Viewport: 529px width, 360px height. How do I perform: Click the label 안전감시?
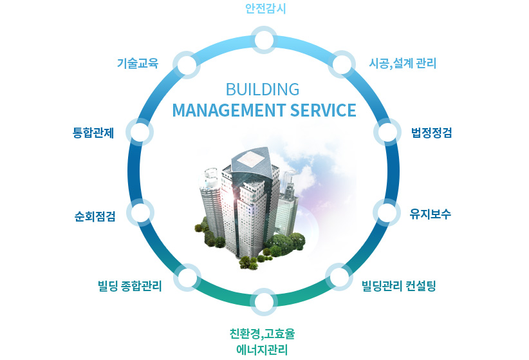point(266,8)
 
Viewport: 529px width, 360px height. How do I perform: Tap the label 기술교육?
point(138,63)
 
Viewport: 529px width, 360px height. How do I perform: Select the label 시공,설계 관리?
point(402,63)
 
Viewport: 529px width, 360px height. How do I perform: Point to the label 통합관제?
point(93,133)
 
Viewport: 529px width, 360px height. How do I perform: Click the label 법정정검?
point(431,133)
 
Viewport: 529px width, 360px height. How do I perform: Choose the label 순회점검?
point(95,216)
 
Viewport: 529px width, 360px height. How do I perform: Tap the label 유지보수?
point(430,214)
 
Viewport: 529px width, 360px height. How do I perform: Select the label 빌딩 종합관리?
point(130,286)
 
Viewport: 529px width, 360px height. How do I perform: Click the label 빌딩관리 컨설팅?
point(399,286)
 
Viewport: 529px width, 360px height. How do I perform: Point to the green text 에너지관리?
point(262,350)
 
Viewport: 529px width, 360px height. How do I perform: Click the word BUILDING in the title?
point(263,90)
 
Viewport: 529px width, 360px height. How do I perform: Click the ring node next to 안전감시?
point(264,40)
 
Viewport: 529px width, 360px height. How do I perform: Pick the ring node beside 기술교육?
point(187,65)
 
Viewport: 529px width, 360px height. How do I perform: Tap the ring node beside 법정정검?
point(387,132)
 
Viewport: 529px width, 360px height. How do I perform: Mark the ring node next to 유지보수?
point(387,213)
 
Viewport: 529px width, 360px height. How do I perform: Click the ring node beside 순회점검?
point(140,213)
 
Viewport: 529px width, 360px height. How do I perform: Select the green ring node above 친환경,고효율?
point(264,302)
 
